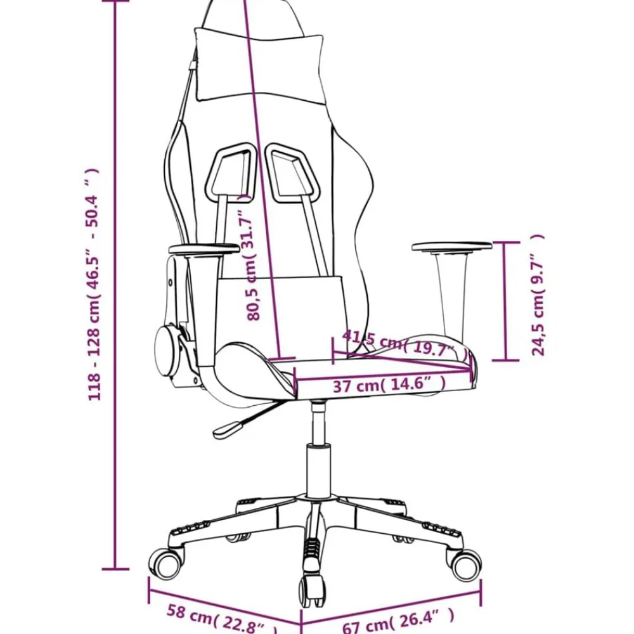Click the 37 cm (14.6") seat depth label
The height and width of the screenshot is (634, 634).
[389, 385]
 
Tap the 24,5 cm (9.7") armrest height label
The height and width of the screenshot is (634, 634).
[538, 295]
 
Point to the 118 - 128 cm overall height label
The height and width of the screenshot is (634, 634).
[93, 285]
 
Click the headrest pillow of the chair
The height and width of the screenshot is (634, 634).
[259, 65]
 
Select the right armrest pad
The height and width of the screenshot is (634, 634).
[451, 247]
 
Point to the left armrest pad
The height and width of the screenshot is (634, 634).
[204, 249]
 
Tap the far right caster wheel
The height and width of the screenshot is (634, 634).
[465, 565]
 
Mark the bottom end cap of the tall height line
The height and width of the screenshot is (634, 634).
[115, 569]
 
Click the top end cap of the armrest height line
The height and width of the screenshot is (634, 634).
[506, 243]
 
